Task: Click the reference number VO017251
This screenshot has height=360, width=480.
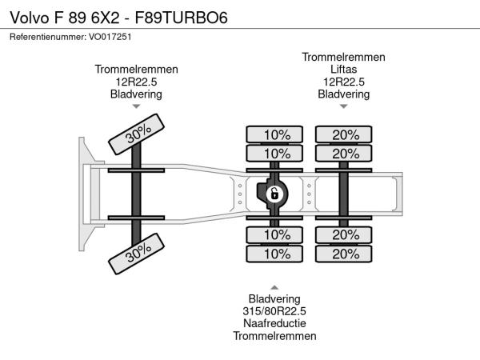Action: (x=110, y=37)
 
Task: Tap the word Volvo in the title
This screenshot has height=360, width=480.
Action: (x=30, y=18)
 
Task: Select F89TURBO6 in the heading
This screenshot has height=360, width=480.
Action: (x=182, y=18)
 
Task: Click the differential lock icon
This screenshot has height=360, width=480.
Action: (x=274, y=194)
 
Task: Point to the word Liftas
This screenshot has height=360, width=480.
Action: (x=343, y=69)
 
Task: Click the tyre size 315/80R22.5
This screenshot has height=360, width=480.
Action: (x=274, y=311)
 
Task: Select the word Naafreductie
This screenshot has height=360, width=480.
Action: (x=274, y=323)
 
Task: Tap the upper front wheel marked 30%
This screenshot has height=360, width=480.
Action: (x=137, y=134)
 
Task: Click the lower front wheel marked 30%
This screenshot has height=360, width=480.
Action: (x=137, y=254)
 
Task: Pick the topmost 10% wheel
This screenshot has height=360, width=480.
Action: (x=274, y=134)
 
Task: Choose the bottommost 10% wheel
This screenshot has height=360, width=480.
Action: (x=274, y=254)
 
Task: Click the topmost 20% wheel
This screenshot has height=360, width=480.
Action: (x=344, y=134)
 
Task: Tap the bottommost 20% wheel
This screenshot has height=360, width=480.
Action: (x=344, y=254)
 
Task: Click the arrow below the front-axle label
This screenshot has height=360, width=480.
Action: (x=136, y=106)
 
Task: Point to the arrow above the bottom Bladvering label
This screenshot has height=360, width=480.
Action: (x=274, y=287)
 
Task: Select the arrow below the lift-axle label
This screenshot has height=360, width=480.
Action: (x=344, y=106)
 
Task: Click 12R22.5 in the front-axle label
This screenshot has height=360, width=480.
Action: (x=136, y=82)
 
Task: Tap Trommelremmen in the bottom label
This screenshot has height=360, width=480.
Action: (x=274, y=336)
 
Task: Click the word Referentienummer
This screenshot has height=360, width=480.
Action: (x=48, y=37)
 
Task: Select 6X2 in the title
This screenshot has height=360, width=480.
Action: (x=106, y=18)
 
